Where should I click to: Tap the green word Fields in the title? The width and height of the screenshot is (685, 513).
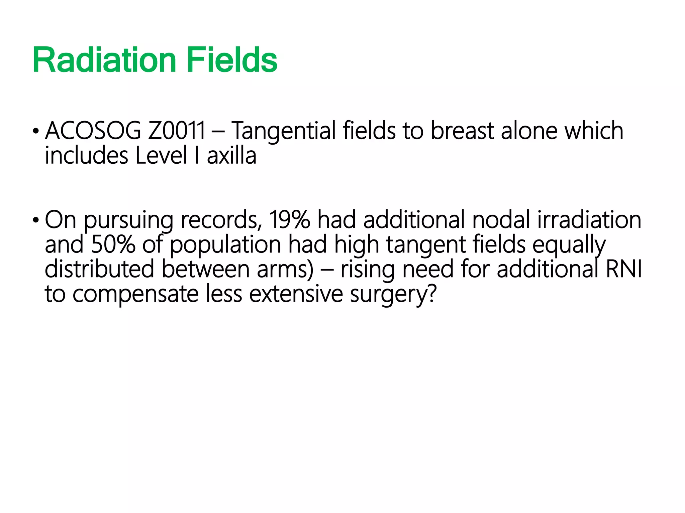coord(232,60)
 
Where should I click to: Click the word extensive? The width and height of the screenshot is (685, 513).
coord(296,294)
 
